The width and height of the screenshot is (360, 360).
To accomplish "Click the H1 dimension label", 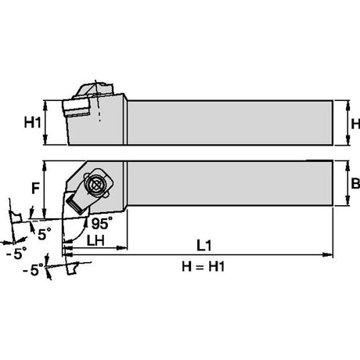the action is pyautogui.click(x=33, y=122).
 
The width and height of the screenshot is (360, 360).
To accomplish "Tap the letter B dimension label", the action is pyautogui.click(x=355, y=183).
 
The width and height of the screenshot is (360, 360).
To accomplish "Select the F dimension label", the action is pyautogui.click(x=35, y=188).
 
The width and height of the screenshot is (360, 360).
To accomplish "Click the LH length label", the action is pyautogui.click(x=95, y=240).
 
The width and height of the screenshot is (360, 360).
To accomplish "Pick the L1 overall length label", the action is pyautogui.click(x=203, y=246).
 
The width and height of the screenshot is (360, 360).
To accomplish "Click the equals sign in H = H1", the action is pyautogui.click(x=203, y=267).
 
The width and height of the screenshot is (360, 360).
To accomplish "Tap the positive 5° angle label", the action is pyautogui.click(x=45, y=234).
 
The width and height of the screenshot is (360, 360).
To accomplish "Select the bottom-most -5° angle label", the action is pyautogui.click(x=33, y=269).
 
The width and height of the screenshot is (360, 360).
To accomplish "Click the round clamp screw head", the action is pyautogui.click(x=95, y=185).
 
